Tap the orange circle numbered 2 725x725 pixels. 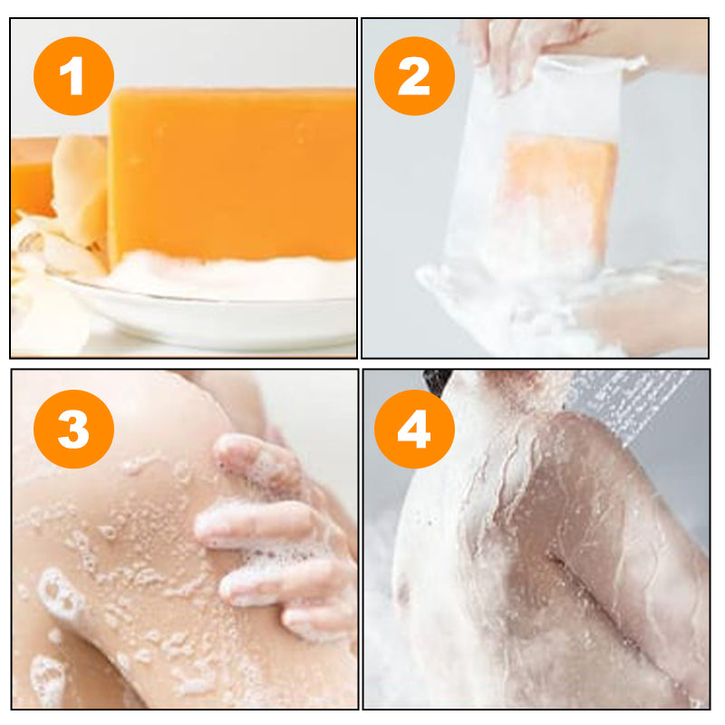coord(414,75)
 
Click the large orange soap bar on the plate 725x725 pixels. coord(231,172)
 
